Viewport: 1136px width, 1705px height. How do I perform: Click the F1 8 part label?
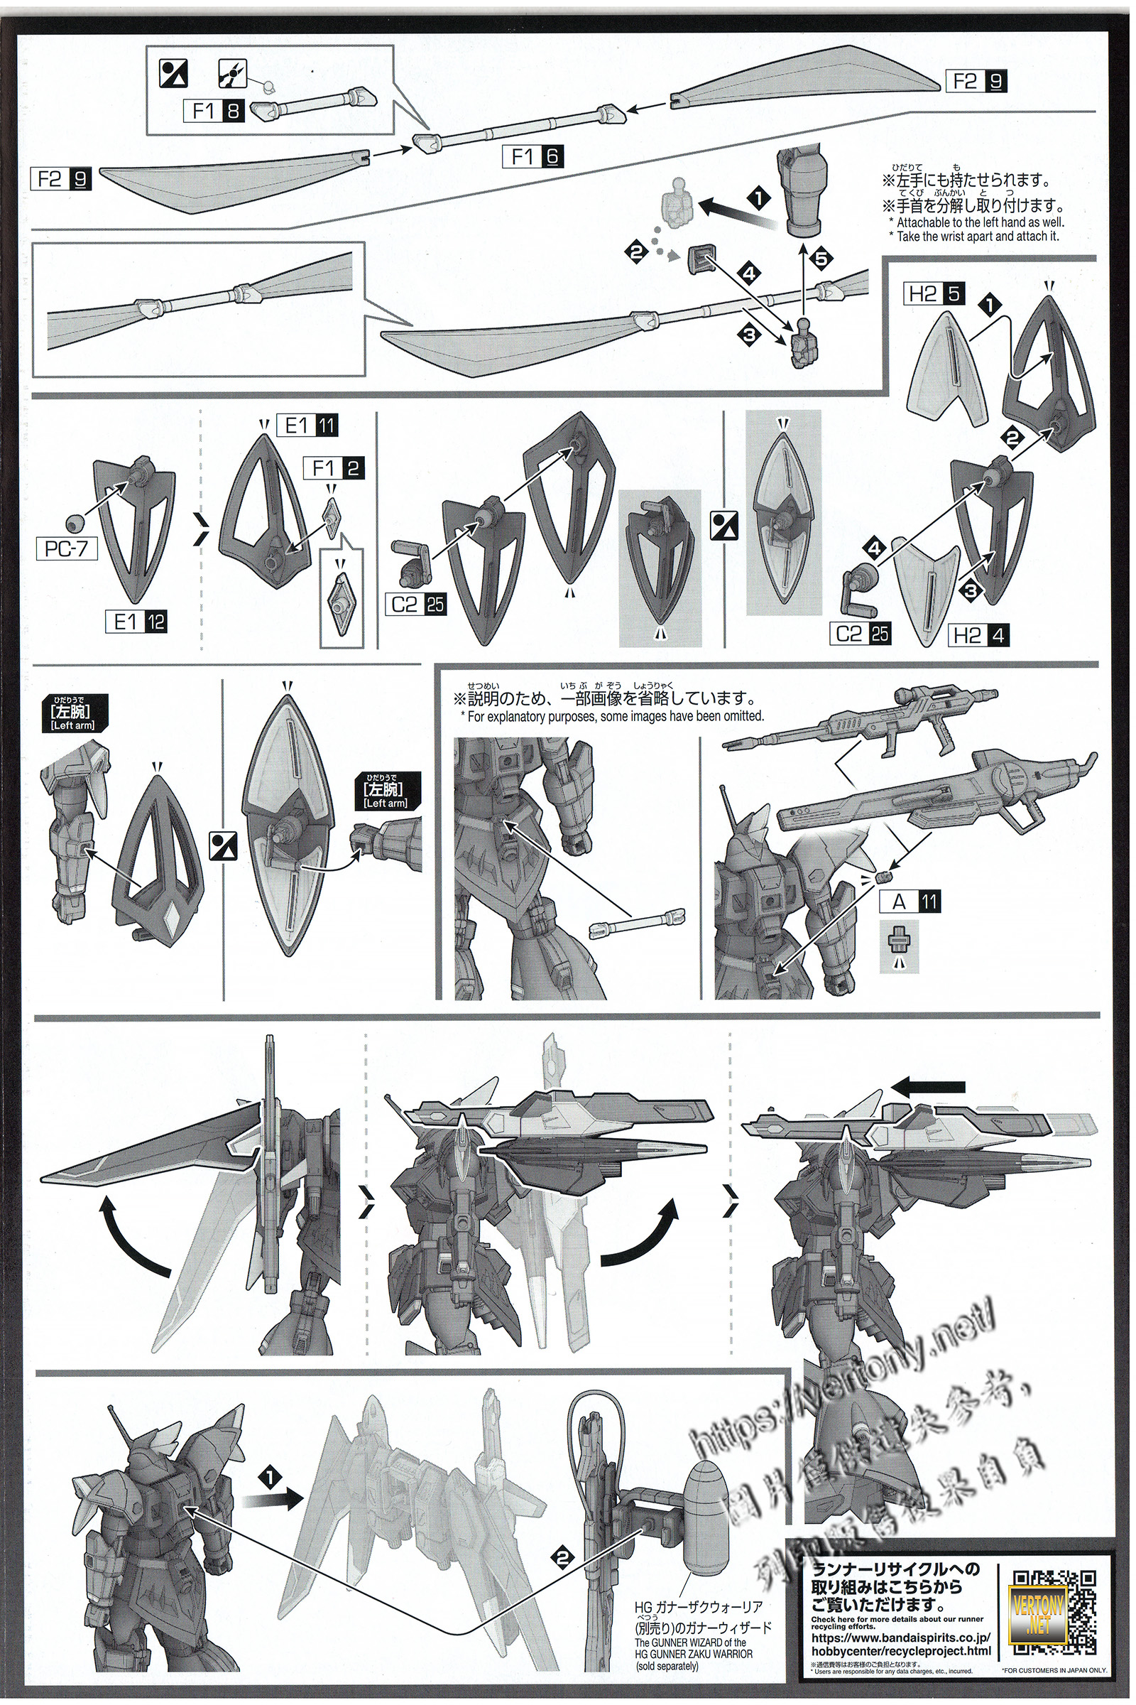point(215,111)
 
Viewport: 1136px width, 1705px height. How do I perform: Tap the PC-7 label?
point(67,548)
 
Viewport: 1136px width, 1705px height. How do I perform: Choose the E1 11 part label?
point(311,426)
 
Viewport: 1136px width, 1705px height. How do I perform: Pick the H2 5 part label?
point(934,294)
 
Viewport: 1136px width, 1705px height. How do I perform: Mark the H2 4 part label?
point(978,636)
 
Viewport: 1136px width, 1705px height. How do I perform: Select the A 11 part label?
point(910,902)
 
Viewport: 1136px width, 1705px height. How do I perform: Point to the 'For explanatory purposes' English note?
point(612,716)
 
